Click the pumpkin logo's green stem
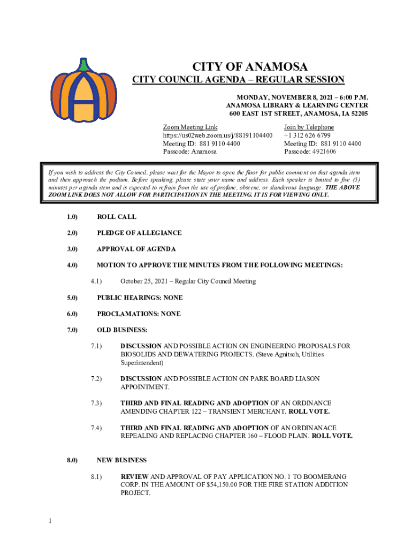coord(83,65)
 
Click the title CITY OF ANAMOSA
coord(250,67)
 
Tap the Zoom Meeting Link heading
coord(190,127)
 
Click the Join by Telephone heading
coord(309,127)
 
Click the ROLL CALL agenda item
coord(116,217)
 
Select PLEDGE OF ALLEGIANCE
coord(139,233)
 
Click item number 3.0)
coord(72,249)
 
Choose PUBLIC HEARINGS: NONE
coord(139,298)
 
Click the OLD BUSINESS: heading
coord(122,330)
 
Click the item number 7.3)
coord(96,403)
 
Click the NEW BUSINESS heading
coord(121,460)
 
